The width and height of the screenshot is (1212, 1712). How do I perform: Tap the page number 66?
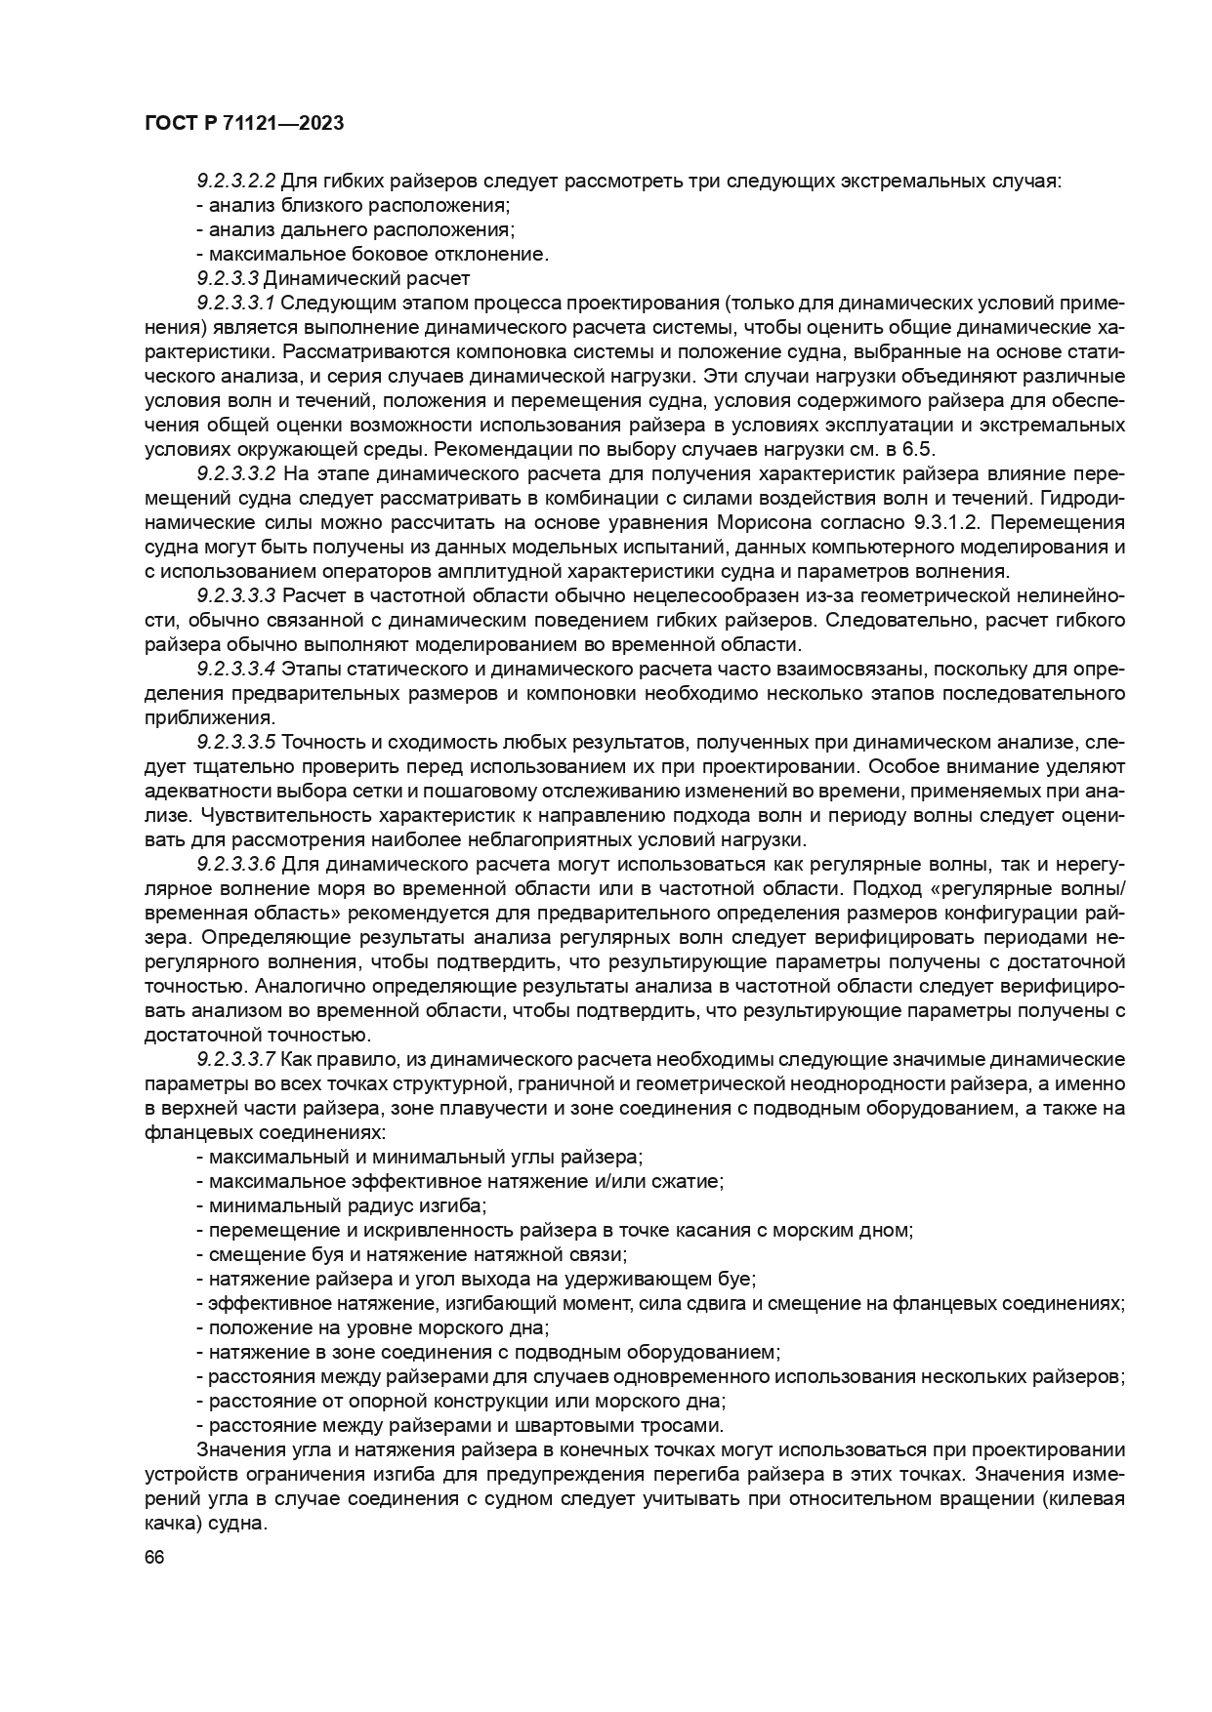153,1558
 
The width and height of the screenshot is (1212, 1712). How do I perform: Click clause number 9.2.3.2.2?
237,181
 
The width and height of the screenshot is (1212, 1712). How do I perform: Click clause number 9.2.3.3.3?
237,595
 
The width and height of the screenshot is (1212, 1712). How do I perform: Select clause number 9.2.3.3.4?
237,669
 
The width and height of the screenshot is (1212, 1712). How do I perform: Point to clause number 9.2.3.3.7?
237,1059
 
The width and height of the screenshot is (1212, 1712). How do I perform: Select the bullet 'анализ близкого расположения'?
356,205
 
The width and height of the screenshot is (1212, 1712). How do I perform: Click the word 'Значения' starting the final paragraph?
235,1449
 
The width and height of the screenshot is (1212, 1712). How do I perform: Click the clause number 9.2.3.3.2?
237,473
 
